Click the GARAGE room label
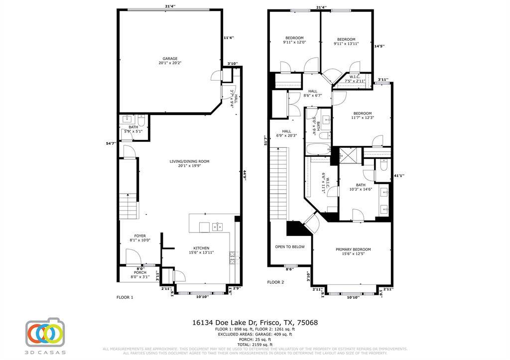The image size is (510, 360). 170,59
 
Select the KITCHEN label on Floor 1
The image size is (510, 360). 201,248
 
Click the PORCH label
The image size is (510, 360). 139,273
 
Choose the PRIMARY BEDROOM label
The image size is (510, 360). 353,249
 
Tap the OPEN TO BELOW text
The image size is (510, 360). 289,246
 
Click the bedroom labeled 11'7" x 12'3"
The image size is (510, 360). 362,113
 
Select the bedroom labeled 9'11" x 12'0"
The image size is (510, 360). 294,38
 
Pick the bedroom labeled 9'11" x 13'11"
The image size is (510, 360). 346,40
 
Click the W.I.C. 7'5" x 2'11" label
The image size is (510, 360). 355,77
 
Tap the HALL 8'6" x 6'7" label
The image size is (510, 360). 312,91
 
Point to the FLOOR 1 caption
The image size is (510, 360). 125,297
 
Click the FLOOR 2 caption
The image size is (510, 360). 275,282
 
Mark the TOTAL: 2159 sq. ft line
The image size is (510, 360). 255,345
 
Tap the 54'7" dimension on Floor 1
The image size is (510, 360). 111,143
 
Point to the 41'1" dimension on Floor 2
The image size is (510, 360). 398,175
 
